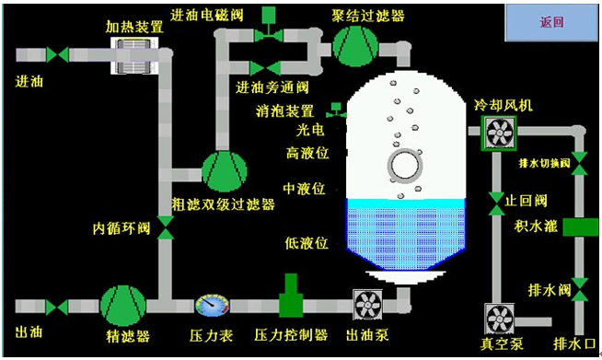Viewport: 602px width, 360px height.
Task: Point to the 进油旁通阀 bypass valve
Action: (x=259, y=66)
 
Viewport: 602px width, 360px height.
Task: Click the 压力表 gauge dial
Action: (x=211, y=305)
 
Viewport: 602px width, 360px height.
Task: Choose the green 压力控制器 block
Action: (x=293, y=296)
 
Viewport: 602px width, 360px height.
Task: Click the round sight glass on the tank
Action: (x=403, y=166)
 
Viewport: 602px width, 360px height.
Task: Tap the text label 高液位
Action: (x=307, y=151)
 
